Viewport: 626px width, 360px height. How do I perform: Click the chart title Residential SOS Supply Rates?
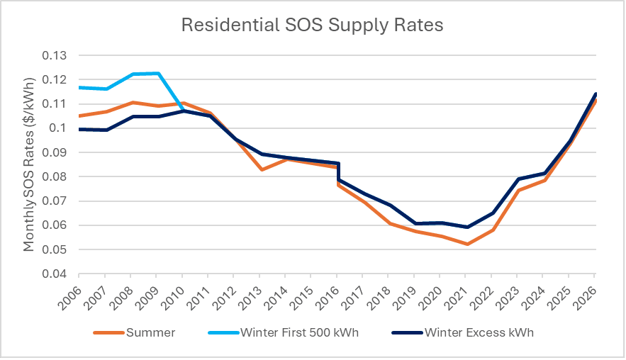coord(313,25)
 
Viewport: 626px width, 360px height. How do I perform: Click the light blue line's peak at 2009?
coord(157,73)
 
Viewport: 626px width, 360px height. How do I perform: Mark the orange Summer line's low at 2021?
coord(466,244)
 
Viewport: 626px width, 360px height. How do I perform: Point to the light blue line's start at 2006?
coord(79,87)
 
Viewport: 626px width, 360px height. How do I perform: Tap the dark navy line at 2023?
coord(518,179)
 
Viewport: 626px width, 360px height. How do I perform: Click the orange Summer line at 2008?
coord(131,103)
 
